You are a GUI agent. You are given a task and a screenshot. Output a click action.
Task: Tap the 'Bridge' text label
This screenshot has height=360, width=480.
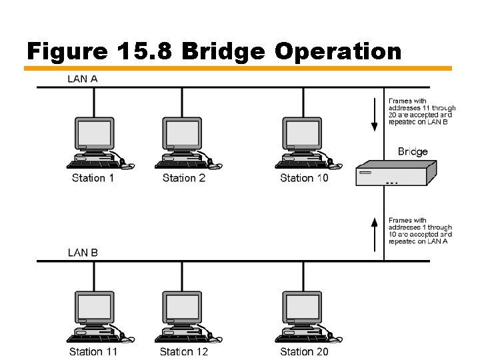coord(413,151)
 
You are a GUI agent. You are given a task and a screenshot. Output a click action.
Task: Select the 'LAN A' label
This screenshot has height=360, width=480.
coord(83,79)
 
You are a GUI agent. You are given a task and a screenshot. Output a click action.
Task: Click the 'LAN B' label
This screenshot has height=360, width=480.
coord(83,253)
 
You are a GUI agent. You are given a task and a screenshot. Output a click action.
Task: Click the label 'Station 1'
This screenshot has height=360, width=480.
coord(93,178)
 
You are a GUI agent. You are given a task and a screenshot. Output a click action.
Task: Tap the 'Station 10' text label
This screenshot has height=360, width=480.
coord(304,178)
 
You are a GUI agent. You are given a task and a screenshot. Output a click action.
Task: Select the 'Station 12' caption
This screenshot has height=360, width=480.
coord(184,351)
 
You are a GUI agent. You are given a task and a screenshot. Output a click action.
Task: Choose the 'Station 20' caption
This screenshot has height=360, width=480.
coord(304,351)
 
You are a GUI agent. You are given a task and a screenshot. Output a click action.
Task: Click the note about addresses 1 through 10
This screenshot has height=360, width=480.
coord(420,231)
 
